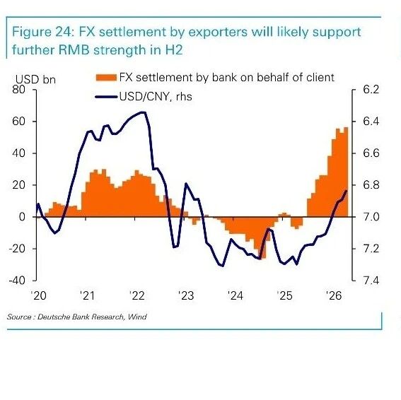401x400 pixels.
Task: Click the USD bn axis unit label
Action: click(x=35, y=79)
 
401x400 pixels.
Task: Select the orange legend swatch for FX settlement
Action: click(x=106, y=78)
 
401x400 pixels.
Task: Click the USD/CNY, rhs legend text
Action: click(x=156, y=97)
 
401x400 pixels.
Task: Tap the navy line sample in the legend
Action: click(x=106, y=97)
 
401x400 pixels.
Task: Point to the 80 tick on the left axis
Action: click(x=18, y=90)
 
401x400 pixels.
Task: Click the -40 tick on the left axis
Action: click(x=17, y=281)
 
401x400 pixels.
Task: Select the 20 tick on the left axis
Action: click(x=18, y=184)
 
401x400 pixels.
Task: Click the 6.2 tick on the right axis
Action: click(x=371, y=90)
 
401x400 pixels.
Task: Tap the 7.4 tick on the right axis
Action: click(x=371, y=281)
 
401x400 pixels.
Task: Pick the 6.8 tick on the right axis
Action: click(x=371, y=185)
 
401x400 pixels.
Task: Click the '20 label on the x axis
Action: click(x=39, y=295)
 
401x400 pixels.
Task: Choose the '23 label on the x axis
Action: click(x=186, y=295)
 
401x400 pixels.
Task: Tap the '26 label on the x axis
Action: click(x=334, y=295)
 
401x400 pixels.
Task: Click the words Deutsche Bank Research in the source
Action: click(x=81, y=317)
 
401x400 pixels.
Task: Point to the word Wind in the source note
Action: click(x=137, y=317)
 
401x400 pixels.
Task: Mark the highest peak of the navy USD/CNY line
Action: click(x=143, y=112)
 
